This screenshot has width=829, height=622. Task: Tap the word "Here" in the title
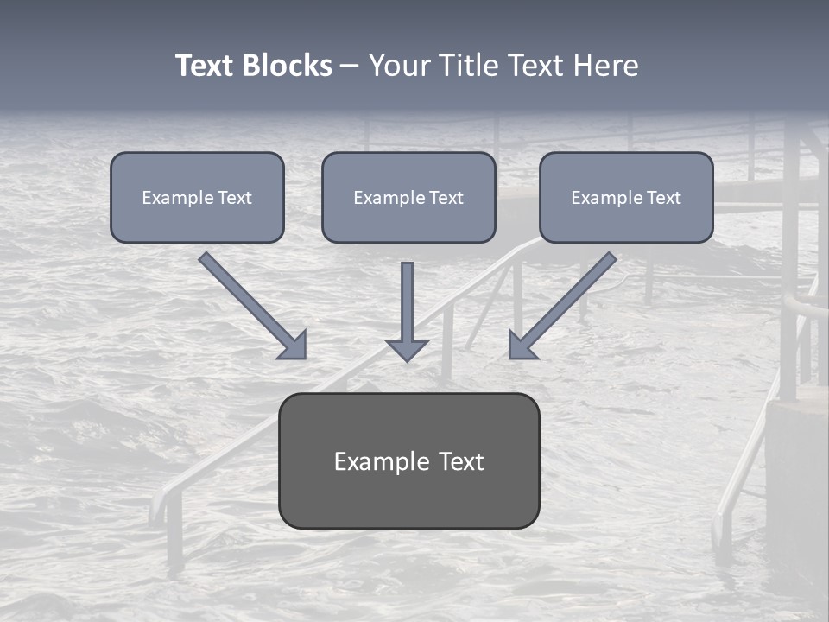pyautogui.click(x=607, y=66)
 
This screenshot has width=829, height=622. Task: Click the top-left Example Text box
pyautogui.click(x=197, y=197)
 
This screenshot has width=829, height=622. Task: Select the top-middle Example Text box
pyautogui.click(x=408, y=197)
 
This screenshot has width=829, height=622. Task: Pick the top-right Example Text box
pyautogui.click(x=626, y=197)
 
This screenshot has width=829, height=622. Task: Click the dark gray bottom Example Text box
pyautogui.click(x=408, y=460)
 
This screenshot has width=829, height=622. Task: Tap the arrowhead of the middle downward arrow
pyautogui.click(x=408, y=349)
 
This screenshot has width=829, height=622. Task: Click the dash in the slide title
pyautogui.click(x=350, y=67)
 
